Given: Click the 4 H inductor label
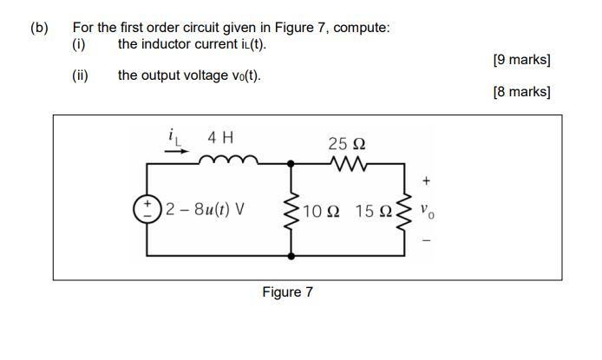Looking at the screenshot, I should tap(220, 137).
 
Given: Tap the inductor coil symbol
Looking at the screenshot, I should tap(228, 160).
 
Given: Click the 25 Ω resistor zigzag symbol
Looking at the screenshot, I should tap(348, 162).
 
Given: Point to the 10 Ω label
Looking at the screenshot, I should tap(321, 210).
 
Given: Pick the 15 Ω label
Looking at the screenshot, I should tap(375, 210).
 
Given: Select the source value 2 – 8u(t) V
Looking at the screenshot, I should tap(204, 209).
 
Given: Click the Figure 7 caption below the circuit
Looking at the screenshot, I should tap(287, 291).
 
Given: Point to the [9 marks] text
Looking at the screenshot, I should tap(521, 60).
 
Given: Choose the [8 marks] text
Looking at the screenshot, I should tap(521, 91).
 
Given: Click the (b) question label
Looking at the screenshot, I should tap(40, 27).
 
